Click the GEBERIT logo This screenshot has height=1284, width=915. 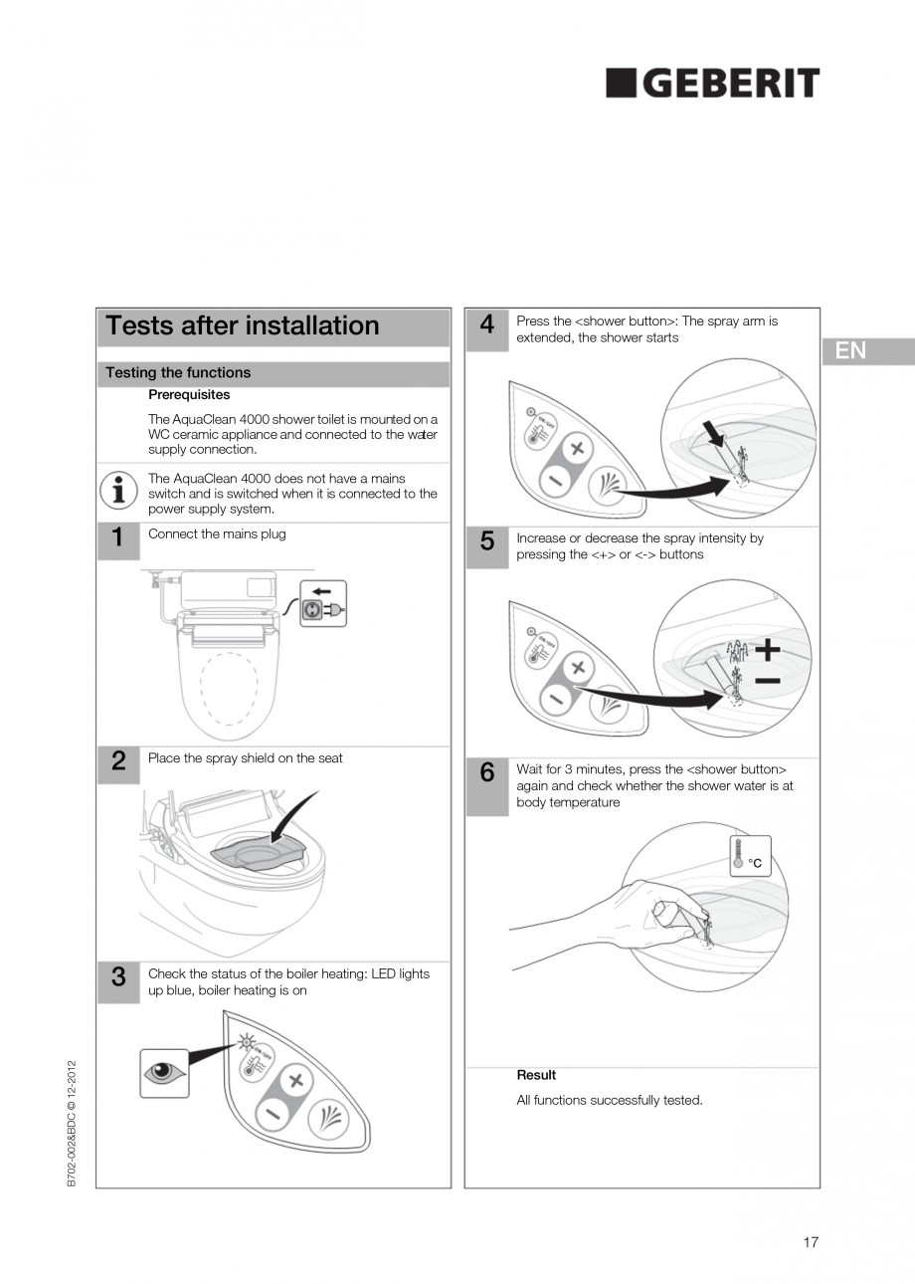(x=713, y=84)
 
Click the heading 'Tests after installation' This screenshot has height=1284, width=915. (x=243, y=326)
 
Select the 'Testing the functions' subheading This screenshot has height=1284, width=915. (x=178, y=373)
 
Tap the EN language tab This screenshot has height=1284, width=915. (x=850, y=350)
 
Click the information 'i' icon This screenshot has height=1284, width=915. (x=119, y=489)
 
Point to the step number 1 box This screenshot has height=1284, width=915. (x=118, y=539)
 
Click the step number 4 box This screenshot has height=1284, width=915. (x=487, y=325)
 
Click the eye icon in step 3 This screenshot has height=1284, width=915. (x=164, y=1073)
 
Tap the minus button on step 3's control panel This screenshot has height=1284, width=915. (x=271, y=1114)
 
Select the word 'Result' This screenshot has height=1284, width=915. (x=536, y=1075)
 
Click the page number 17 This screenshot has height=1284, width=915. (x=811, y=1242)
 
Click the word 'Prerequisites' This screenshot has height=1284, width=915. (x=189, y=395)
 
